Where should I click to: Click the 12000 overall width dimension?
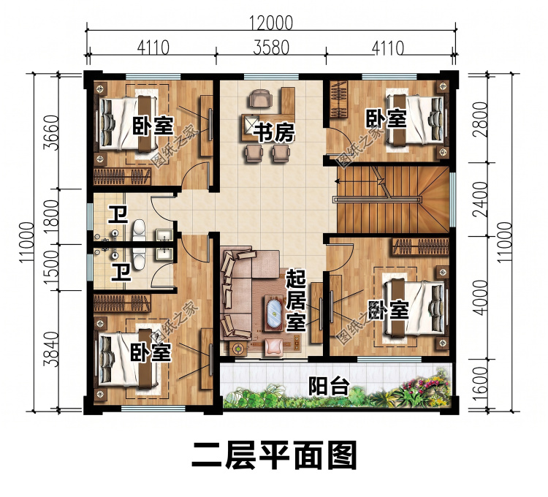point(271,23)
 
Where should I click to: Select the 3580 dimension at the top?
point(271,48)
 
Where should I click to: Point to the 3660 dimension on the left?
point(51,132)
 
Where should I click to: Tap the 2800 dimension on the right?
point(482,120)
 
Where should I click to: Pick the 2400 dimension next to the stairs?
point(482,200)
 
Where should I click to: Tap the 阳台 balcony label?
point(329,386)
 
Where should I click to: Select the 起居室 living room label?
point(296,301)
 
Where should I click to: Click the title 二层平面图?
point(274,455)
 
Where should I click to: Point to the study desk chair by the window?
point(259,98)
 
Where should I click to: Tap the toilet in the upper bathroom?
point(139,229)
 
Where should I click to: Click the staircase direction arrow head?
point(337,181)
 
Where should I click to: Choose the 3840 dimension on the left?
point(51,349)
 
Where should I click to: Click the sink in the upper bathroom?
point(164,235)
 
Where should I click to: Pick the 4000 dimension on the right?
point(482,297)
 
